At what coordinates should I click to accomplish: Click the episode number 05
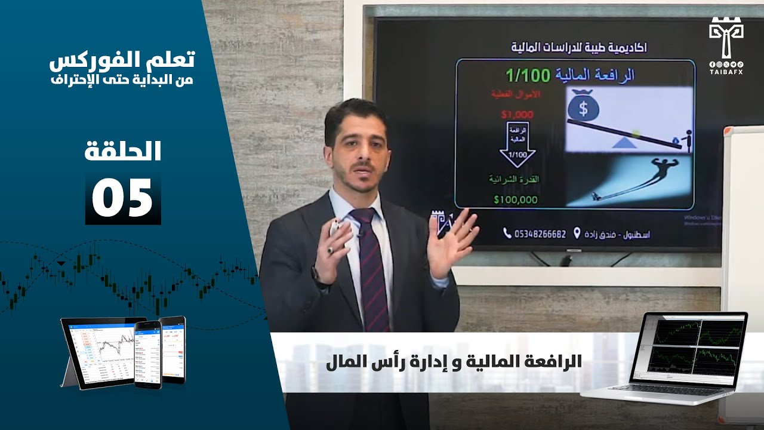coord(123,199)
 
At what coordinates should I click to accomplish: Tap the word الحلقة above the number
coord(123,152)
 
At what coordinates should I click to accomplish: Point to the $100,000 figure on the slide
coord(516,200)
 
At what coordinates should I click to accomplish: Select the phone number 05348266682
coord(540,234)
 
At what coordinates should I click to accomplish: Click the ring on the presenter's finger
coord(330,251)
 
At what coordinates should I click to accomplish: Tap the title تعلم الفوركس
coord(122,60)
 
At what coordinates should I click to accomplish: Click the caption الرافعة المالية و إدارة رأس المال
coord(454,363)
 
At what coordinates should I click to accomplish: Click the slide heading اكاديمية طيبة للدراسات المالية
coord(573,47)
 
